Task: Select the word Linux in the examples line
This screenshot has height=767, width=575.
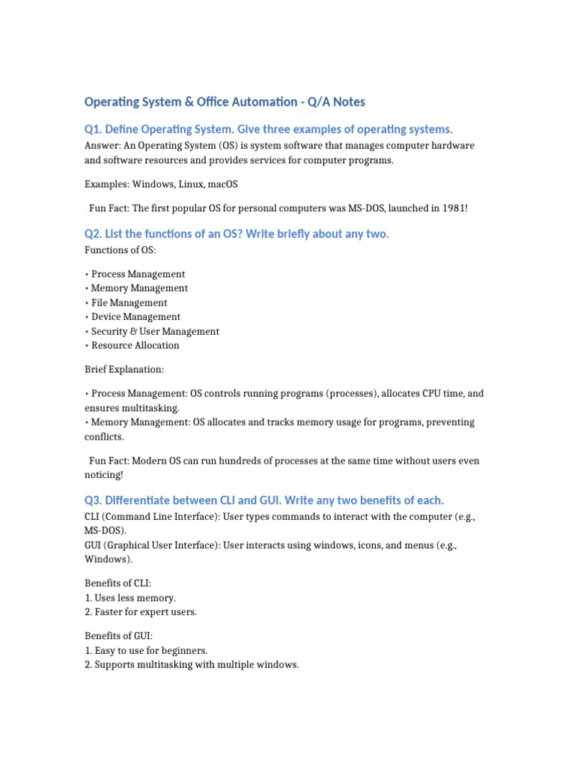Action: pyautogui.click(x=189, y=184)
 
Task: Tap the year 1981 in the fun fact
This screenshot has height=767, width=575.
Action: pyautogui.click(x=451, y=207)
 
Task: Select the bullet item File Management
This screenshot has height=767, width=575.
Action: pyautogui.click(x=129, y=303)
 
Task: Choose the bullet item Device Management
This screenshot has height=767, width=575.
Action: pyautogui.click(x=136, y=317)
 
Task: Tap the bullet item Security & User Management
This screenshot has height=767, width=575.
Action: pyautogui.click(x=155, y=331)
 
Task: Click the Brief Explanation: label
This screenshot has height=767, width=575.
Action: pyautogui.click(x=124, y=369)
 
